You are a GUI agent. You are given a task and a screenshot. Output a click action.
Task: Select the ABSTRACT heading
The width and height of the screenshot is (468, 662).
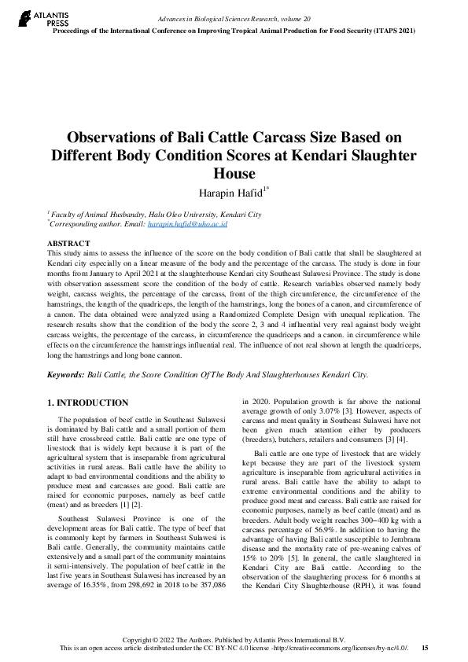pyautogui.click(x=68, y=244)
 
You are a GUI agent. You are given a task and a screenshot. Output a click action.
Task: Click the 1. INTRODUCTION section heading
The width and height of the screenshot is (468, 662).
pyautogui.click(x=88, y=403)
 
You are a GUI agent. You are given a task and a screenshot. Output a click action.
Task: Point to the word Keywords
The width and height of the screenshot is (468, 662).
pyautogui.click(x=65, y=375)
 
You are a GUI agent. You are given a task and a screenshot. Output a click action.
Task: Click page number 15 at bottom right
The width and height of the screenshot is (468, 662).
pyautogui.click(x=425, y=648)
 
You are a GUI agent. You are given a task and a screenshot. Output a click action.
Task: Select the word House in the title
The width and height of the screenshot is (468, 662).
pyautogui.click(x=234, y=174)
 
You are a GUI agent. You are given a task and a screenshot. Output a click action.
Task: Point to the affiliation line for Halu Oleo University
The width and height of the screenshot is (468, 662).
pyautogui.click(x=155, y=214)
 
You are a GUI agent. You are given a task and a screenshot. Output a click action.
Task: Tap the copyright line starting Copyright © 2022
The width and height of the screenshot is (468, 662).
pyautogui.click(x=234, y=640)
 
